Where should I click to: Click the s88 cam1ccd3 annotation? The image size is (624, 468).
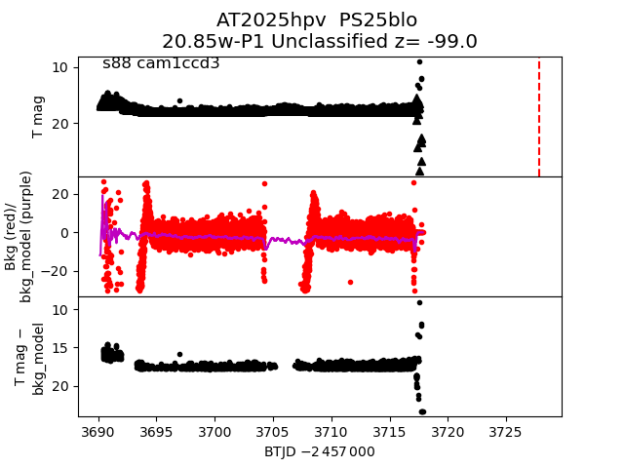(x=161, y=63)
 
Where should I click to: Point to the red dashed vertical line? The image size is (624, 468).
(x=539, y=117)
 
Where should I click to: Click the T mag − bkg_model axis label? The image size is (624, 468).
(x=32, y=358)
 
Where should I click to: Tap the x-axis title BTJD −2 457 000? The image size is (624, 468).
(x=319, y=452)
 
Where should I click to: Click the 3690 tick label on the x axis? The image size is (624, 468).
(x=97, y=431)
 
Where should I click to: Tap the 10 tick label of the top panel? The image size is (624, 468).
(x=59, y=66)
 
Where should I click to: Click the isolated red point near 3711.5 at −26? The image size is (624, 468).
(x=349, y=282)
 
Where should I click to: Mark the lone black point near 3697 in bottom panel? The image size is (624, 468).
(x=179, y=354)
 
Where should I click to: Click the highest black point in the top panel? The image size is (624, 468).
(x=419, y=61)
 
